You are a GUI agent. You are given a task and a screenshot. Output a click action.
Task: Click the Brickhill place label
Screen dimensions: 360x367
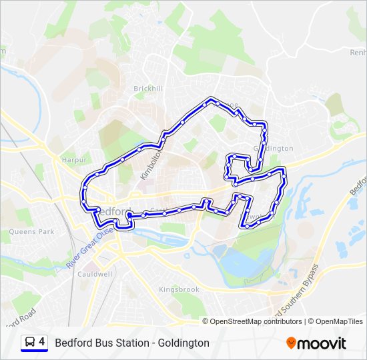148,89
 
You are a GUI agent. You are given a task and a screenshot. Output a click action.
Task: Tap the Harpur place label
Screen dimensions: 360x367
74,161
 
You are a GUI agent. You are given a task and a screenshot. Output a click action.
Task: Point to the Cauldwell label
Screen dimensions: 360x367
94,274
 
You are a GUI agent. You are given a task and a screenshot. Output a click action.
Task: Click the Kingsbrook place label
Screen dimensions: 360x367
179,290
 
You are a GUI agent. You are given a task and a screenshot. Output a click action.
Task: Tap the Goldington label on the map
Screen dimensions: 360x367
274,148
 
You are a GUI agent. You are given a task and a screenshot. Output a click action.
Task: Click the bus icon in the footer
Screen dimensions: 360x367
30,342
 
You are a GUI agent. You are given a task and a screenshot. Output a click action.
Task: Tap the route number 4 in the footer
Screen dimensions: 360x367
42,342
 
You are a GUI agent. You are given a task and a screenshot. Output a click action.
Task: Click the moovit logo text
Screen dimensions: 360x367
322,343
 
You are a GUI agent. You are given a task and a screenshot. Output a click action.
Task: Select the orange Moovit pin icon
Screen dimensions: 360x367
291,343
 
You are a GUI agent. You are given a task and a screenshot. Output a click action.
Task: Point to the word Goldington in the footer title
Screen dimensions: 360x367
183,343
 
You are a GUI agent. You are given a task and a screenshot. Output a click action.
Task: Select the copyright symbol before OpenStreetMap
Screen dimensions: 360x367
206,321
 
